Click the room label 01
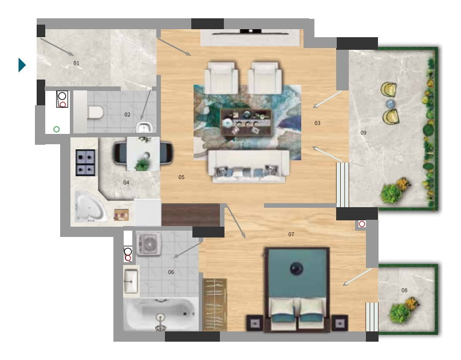(x=76, y=63)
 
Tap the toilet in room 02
(x=96, y=113)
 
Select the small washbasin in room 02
(x=144, y=127)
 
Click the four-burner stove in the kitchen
(x=85, y=163)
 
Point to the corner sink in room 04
(x=90, y=207)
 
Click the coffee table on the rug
(x=246, y=122)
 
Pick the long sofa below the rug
(x=249, y=166)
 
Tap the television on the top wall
(x=250, y=32)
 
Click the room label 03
(x=317, y=123)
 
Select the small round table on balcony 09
(x=390, y=104)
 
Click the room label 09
(x=364, y=133)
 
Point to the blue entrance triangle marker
(x=22, y=65)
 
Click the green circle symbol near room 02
(x=57, y=129)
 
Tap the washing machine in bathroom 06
(x=149, y=244)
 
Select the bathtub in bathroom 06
(x=161, y=314)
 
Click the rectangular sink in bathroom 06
(x=131, y=281)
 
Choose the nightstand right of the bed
(x=340, y=323)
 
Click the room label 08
(x=404, y=290)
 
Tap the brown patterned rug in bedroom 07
(x=215, y=304)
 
